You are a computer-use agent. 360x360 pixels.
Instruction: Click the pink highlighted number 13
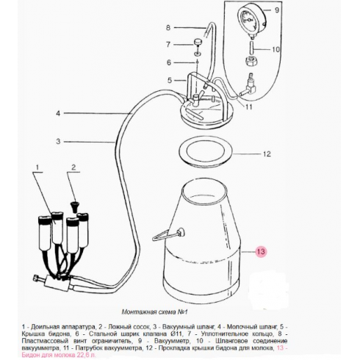261,251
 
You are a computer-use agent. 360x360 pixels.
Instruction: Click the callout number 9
277,10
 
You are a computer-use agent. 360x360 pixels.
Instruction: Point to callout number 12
267,154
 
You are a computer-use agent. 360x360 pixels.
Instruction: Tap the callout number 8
168,27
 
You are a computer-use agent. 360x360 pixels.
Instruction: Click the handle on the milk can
168,234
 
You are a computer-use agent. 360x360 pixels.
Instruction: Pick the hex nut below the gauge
251,60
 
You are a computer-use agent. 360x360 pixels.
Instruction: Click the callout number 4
58,113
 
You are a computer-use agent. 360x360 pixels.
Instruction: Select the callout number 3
58,142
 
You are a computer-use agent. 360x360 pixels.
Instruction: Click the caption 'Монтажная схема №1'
154,312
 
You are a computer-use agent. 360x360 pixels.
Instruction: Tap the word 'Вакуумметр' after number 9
171,341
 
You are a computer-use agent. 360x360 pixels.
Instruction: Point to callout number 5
170,80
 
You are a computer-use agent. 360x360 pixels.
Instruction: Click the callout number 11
248,107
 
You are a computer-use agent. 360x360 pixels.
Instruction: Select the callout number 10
276,49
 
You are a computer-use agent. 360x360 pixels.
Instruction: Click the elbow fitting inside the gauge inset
249,87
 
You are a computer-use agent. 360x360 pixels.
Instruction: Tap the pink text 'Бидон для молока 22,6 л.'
59,355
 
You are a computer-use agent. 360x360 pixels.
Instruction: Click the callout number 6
169,62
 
